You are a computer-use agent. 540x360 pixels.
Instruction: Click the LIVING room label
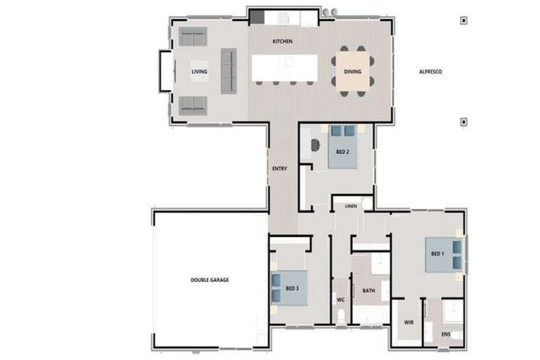pyautogui.click(x=200, y=72)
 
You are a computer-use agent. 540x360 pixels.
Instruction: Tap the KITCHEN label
pyautogui.click(x=283, y=41)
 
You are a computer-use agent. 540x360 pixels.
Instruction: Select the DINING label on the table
pyautogui.click(x=352, y=72)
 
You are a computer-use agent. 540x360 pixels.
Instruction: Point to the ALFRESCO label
pyautogui.click(x=430, y=72)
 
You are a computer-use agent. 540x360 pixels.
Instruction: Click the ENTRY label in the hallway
pyautogui.click(x=279, y=169)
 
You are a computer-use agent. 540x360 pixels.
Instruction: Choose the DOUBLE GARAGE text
pyautogui.click(x=210, y=280)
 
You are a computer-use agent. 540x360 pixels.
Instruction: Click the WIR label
pyautogui.click(x=409, y=323)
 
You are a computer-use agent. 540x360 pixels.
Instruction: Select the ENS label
pyautogui.click(x=446, y=334)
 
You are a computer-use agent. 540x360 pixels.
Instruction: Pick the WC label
pyautogui.click(x=341, y=300)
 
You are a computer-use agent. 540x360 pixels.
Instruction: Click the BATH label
pyautogui.click(x=368, y=290)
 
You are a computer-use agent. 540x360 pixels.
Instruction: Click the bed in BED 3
pyautogui.click(x=288, y=288)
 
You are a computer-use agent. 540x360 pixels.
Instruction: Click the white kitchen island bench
pyautogui.click(x=285, y=67)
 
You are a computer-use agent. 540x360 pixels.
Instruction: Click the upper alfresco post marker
pyautogui.click(x=463, y=20)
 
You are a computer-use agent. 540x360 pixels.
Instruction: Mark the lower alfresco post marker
pyautogui.click(x=463, y=122)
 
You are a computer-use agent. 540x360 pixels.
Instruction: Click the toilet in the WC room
pyautogui.click(x=342, y=316)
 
